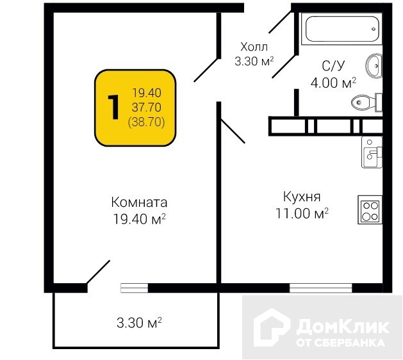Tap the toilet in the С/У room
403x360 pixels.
(x=365, y=102)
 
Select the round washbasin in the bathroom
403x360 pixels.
(x=374, y=64)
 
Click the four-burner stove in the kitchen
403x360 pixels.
(x=370, y=211)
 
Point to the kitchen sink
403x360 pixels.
(x=372, y=152)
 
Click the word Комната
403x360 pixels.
(x=139, y=202)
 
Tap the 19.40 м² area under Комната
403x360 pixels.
(x=139, y=219)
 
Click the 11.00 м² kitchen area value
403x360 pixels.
(x=301, y=213)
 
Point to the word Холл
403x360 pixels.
(x=254, y=47)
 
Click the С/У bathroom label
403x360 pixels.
(x=333, y=65)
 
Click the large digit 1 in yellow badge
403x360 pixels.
(x=114, y=107)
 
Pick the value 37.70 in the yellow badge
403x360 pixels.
(x=147, y=107)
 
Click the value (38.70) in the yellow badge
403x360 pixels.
(x=147, y=120)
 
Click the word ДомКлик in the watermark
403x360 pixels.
(x=343, y=326)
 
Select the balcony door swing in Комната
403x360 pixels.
(x=97, y=272)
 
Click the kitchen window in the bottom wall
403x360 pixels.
(x=320, y=288)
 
